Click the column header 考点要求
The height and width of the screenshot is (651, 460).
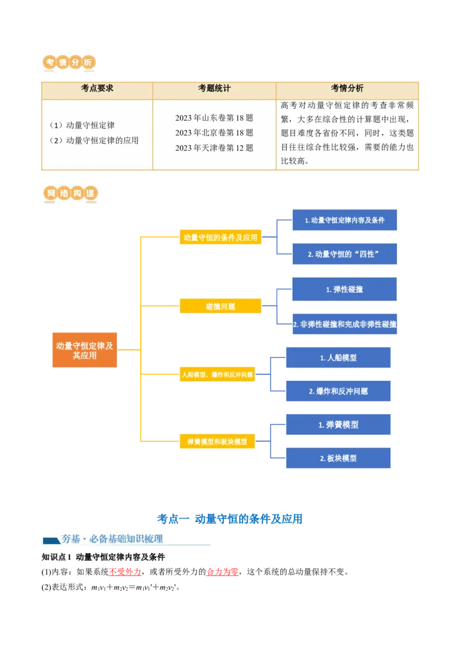[x=97, y=89]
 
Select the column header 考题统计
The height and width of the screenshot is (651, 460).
[x=214, y=89]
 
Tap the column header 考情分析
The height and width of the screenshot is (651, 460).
[x=347, y=89]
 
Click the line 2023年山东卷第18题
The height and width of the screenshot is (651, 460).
[x=214, y=118]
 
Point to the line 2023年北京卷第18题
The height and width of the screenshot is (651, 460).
[x=214, y=133]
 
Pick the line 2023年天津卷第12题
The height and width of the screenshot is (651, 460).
[x=214, y=148]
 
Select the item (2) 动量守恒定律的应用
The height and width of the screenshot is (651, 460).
[x=94, y=140]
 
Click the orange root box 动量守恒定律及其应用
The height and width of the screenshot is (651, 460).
[x=85, y=350]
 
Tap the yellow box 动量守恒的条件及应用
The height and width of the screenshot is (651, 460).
[x=220, y=237]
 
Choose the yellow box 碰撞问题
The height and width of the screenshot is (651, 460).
[x=220, y=307]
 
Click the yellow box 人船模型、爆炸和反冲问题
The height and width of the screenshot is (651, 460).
[x=217, y=375]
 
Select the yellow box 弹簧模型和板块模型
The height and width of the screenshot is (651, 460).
[x=217, y=442]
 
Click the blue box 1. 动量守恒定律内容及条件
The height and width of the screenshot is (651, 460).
[x=344, y=220]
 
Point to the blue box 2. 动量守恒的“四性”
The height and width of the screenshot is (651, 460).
[x=344, y=254]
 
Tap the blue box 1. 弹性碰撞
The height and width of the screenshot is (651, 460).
[x=344, y=289]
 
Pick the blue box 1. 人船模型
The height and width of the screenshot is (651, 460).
[x=338, y=358]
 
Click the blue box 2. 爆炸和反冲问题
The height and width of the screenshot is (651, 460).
[x=338, y=391]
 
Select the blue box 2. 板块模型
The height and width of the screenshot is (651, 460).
[x=338, y=458]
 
